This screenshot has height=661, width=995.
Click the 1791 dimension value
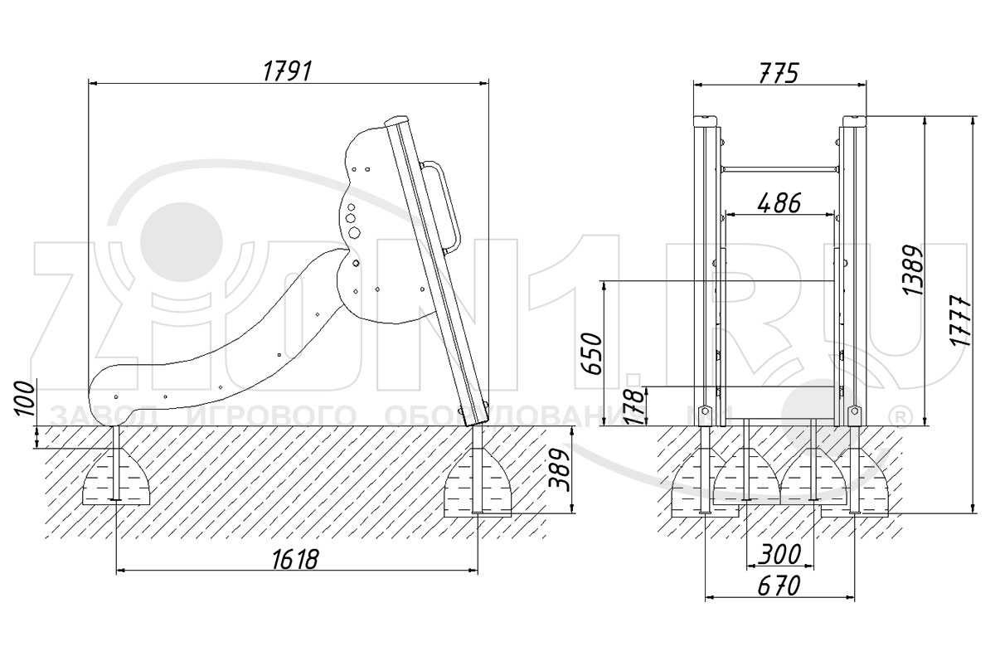point(287,71)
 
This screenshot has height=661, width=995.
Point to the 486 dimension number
point(779,202)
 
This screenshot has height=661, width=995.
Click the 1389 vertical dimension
point(912,270)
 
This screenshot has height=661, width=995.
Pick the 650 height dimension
point(592,352)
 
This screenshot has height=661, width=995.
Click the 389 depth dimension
point(561,470)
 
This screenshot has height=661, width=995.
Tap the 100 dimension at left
point(26,400)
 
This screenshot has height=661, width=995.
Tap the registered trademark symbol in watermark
point(897,414)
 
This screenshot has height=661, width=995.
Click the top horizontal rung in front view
point(779,168)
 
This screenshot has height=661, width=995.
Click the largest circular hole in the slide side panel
point(351,218)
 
